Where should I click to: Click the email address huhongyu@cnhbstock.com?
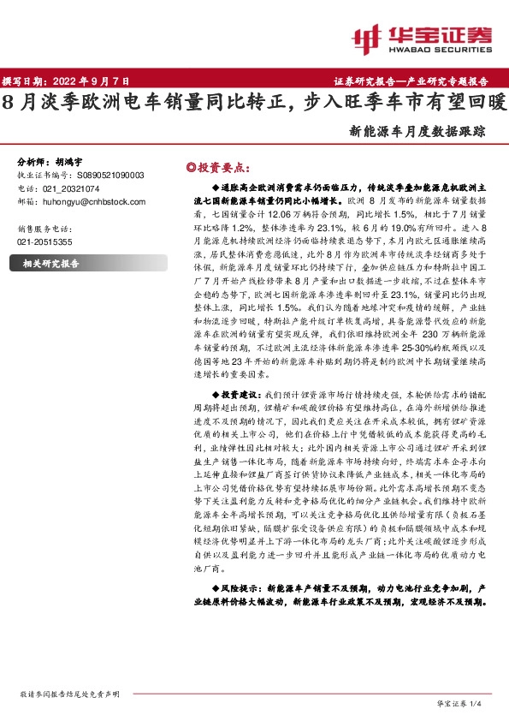[94, 201]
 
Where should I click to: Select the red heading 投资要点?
[224, 168]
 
